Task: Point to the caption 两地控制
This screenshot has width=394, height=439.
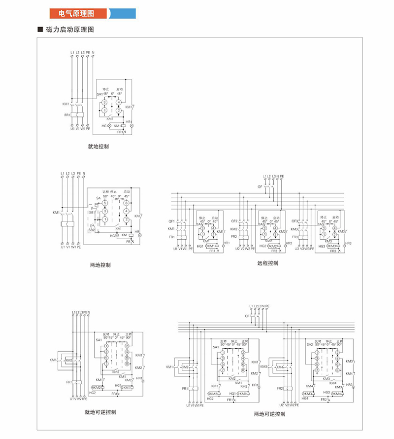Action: click(100, 265)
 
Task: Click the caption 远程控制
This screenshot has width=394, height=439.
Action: click(267, 263)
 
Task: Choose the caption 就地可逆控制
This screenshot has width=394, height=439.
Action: click(100, 412)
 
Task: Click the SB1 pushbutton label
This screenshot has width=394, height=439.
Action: click(91, 212)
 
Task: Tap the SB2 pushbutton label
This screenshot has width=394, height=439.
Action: click(91, 230)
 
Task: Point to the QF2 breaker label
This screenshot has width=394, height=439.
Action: click(234, 220)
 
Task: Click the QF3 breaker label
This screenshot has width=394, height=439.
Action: click(295, 220)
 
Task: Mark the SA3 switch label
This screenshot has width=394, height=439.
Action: click(321, 224)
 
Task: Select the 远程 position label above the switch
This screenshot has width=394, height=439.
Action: click(105, 191)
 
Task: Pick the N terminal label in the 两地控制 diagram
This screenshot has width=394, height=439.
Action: click(84, 174)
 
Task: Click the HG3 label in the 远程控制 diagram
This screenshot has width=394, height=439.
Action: click(321, 246)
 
